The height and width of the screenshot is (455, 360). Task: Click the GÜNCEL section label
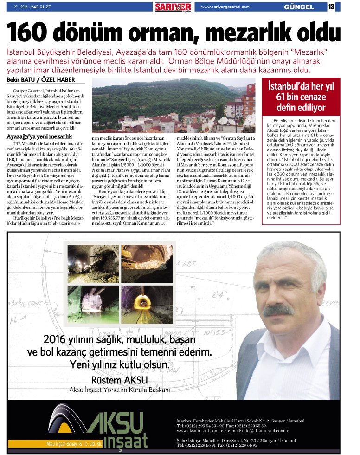click(299, 7)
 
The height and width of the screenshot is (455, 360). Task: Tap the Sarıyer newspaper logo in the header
click(173, 6)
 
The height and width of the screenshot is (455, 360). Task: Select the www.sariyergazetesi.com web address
click(225, 6)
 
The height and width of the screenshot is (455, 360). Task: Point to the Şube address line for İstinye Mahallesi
click(236, 439)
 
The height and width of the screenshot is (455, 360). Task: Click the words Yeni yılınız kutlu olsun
click(119, 364)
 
